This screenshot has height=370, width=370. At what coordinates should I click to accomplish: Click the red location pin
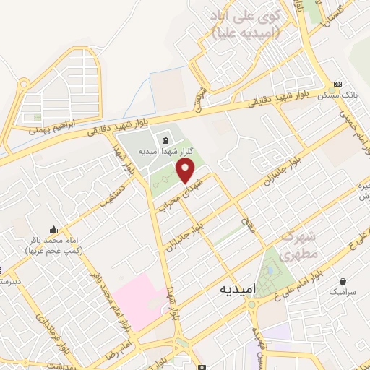point(186,170)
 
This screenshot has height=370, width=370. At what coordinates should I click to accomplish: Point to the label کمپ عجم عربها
point(54,250)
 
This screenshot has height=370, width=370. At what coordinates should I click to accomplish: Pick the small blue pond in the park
point(270,272)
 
